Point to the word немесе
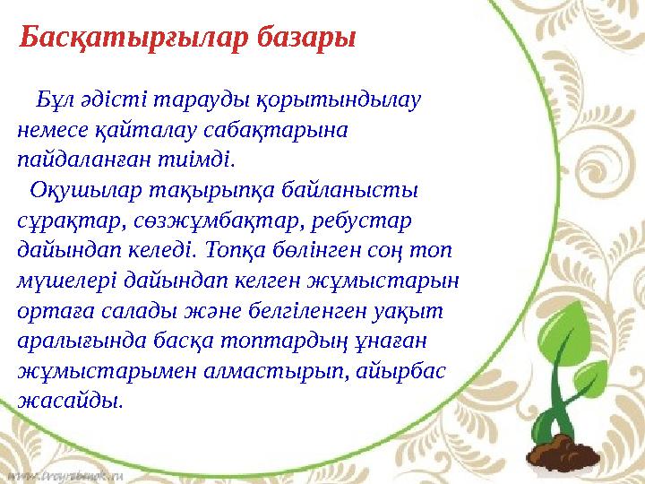click(50, 130)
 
